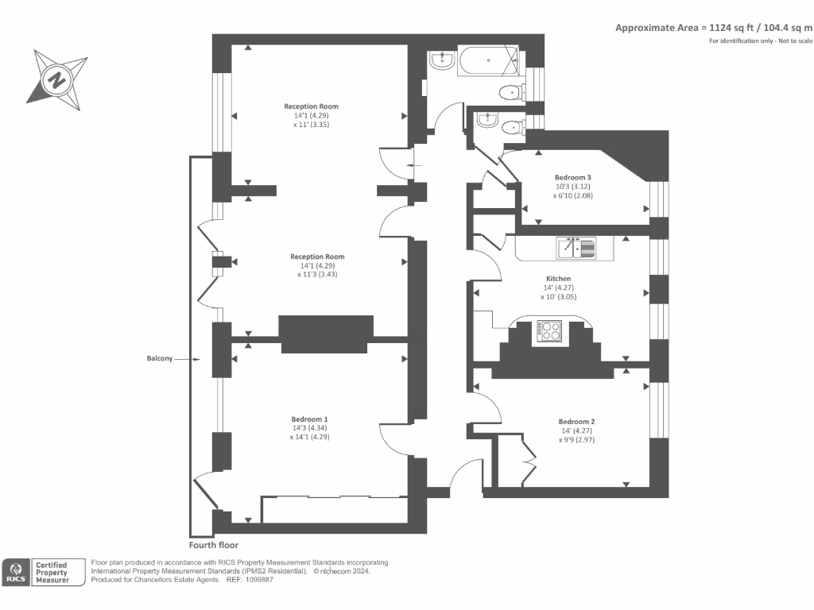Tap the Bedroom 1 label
click(309, 419)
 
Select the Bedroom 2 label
click(576, 422)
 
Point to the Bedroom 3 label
click(572, 178)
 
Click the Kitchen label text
click(559, 279)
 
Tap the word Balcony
click(159, 359)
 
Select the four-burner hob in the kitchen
click(549, 330)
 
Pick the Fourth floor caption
click(213, 546)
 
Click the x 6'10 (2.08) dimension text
click(572, 195)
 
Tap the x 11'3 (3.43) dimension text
click(317, 274)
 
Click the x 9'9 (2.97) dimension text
click(576, 439)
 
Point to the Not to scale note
click(796, 41)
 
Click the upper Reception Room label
click(312, 106)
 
